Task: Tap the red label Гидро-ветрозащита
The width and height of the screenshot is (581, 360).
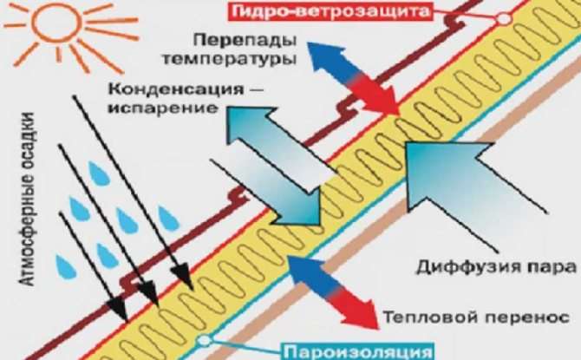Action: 331,11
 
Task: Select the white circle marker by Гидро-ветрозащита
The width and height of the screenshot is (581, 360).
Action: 504,18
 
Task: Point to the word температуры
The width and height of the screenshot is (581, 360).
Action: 229,60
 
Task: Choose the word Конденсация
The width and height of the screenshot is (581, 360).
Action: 176,89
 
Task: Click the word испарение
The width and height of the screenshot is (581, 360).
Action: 162,108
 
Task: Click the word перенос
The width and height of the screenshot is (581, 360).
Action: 524,317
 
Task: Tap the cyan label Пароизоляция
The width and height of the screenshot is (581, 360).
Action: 359,352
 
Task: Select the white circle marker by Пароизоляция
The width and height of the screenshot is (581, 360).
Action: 204,339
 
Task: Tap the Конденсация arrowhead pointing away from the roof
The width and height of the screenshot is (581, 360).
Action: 249,127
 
